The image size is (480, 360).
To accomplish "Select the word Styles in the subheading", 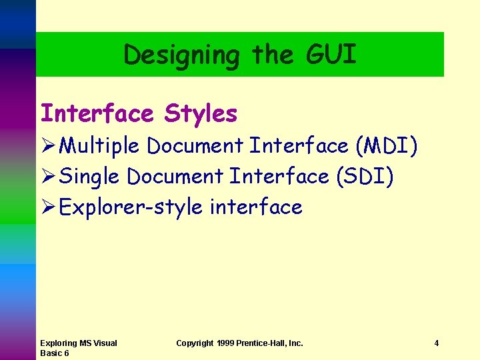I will click(201, 113).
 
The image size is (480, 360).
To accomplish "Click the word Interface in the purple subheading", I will click(97, 113).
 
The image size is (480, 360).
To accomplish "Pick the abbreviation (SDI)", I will click(365, 177).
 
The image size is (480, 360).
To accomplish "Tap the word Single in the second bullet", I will click(89, 177).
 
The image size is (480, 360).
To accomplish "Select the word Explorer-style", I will click(131, 207).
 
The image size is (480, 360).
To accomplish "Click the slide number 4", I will click(436, 343).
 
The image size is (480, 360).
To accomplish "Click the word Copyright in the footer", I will click(195, 343).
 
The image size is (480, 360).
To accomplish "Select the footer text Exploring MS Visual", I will click(78, 343).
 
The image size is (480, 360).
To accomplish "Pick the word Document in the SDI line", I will click(175, 177).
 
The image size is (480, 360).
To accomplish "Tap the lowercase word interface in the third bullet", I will click(256, 207).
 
